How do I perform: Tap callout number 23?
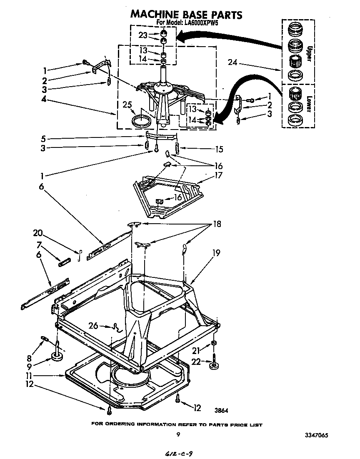click(x=143, y=35)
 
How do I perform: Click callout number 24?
click(x=233, y=62)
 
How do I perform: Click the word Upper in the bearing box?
click(x=309, y=53)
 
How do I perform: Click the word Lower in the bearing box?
click(x=309, y=104)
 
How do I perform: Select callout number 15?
click(x=220, y=149)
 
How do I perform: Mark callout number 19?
click(x=215, y=253)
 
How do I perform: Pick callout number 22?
click(x=196, y=362)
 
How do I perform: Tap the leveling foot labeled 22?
click(x=214, y=365)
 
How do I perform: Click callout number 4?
click(x=44, y=100)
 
